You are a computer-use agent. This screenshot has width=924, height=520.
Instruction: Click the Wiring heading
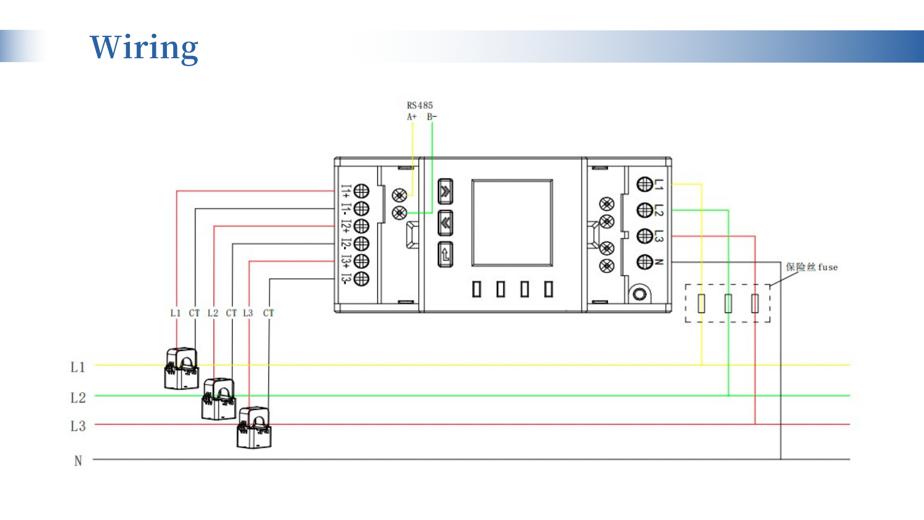(x=144, y=47)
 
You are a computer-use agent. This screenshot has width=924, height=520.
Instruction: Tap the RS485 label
(x=420, y=105)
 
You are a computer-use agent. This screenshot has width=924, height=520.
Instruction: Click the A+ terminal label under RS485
(x=411, y=117)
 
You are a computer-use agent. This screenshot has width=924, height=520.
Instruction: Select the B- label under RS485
(x=432, y=117)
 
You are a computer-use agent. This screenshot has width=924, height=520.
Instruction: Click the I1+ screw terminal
(x=361, y=191)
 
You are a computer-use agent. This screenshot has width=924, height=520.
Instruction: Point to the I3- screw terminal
(x=361, y=279)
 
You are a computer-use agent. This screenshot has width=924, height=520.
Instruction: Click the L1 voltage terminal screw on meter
(x=644, y=184)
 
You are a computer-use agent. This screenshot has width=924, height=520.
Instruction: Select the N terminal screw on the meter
(x=644, y=262)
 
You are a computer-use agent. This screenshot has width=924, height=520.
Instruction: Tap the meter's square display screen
(x=512, y=222)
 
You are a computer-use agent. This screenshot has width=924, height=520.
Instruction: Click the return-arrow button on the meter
(x=445, y=254)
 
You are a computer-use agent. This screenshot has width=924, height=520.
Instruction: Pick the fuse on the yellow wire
(x=701, y=303)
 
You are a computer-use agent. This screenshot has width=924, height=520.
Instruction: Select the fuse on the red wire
(x=755, y=303)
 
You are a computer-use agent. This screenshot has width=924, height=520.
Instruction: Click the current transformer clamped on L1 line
(x=181, y=369)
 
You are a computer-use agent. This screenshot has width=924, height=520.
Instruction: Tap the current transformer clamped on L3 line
(x=254, y=428)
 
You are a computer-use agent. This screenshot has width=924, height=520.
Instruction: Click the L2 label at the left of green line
(x=78, y=398)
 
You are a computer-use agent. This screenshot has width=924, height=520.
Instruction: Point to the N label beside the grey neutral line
(x=78, y=461)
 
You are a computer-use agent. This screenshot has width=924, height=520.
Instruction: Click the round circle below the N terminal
(x=640, y=294)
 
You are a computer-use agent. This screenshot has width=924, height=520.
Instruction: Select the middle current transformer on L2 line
(x=218, y=399)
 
